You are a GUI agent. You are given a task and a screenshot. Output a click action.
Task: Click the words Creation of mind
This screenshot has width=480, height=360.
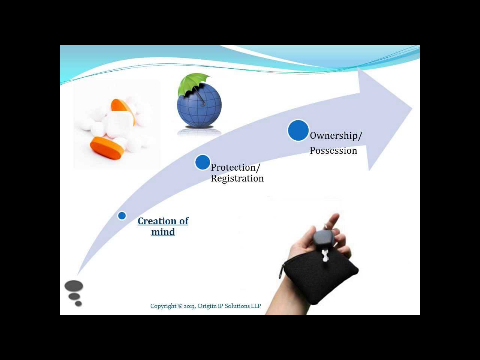pos(162,226)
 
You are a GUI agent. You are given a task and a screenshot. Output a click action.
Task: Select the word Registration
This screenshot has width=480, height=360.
pos(237,179)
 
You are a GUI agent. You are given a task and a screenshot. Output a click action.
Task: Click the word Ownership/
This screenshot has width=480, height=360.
pos(336,135)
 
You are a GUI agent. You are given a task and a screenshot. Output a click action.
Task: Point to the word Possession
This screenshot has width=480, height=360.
pos(333,150)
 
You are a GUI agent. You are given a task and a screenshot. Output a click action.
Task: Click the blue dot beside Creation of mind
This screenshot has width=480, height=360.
pos(122,215)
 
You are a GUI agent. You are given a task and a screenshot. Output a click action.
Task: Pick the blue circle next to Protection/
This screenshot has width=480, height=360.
pos(202,162)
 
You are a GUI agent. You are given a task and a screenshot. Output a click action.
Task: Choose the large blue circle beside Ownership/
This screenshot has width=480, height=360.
pos(297,130)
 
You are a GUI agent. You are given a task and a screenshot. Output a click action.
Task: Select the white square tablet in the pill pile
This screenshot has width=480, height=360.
pos(118,121)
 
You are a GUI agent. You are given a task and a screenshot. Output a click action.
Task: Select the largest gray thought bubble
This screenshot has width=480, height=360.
pos(74,287)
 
